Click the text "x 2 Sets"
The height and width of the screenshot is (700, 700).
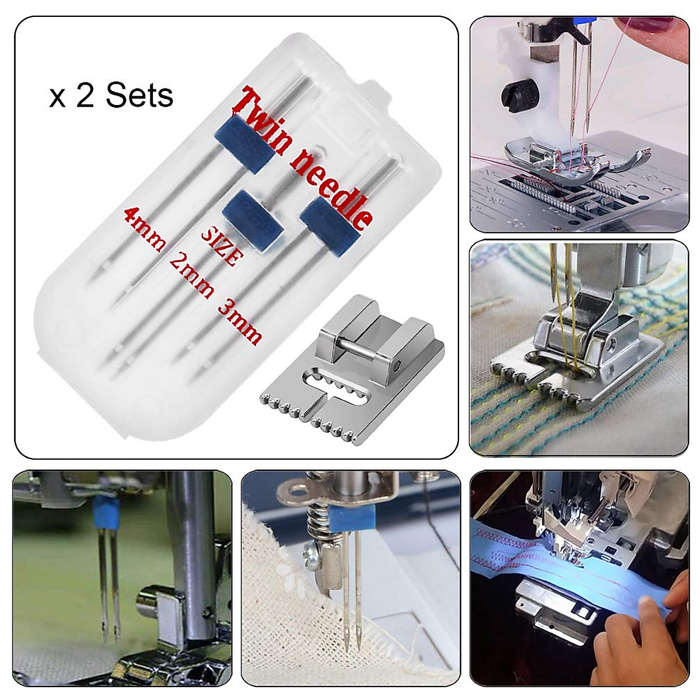(111, 96)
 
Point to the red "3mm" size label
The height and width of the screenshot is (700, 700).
(240, 320)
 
